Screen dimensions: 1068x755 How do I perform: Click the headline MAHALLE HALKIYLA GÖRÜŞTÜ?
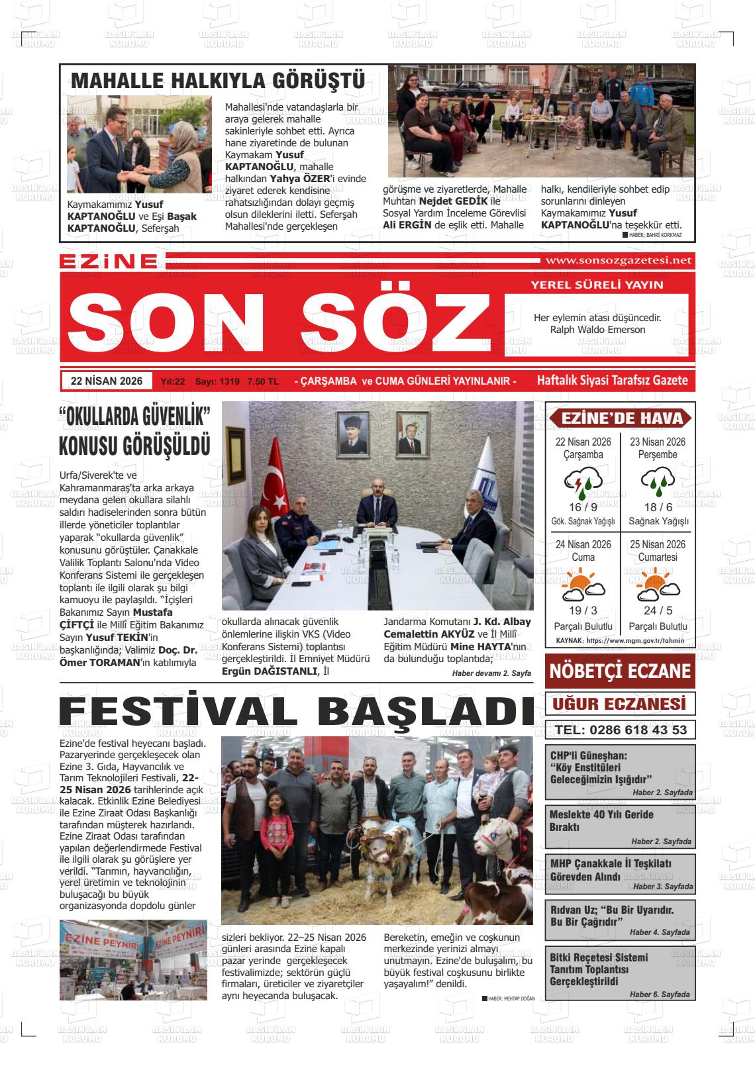point(218,81)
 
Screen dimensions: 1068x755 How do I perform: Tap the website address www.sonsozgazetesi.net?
point(618,260)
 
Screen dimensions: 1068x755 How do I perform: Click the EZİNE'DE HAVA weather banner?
point(621,418)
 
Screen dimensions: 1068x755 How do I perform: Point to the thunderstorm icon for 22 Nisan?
point(582,483)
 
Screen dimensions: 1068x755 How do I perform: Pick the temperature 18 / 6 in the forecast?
point(658,507)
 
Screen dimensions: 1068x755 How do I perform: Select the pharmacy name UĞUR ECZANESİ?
point(620,703)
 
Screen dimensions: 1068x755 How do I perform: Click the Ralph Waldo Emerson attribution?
point(597,330)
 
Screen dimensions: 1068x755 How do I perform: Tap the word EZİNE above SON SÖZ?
point(109,262)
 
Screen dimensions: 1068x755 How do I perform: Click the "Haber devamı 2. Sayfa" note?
point(491,673)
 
